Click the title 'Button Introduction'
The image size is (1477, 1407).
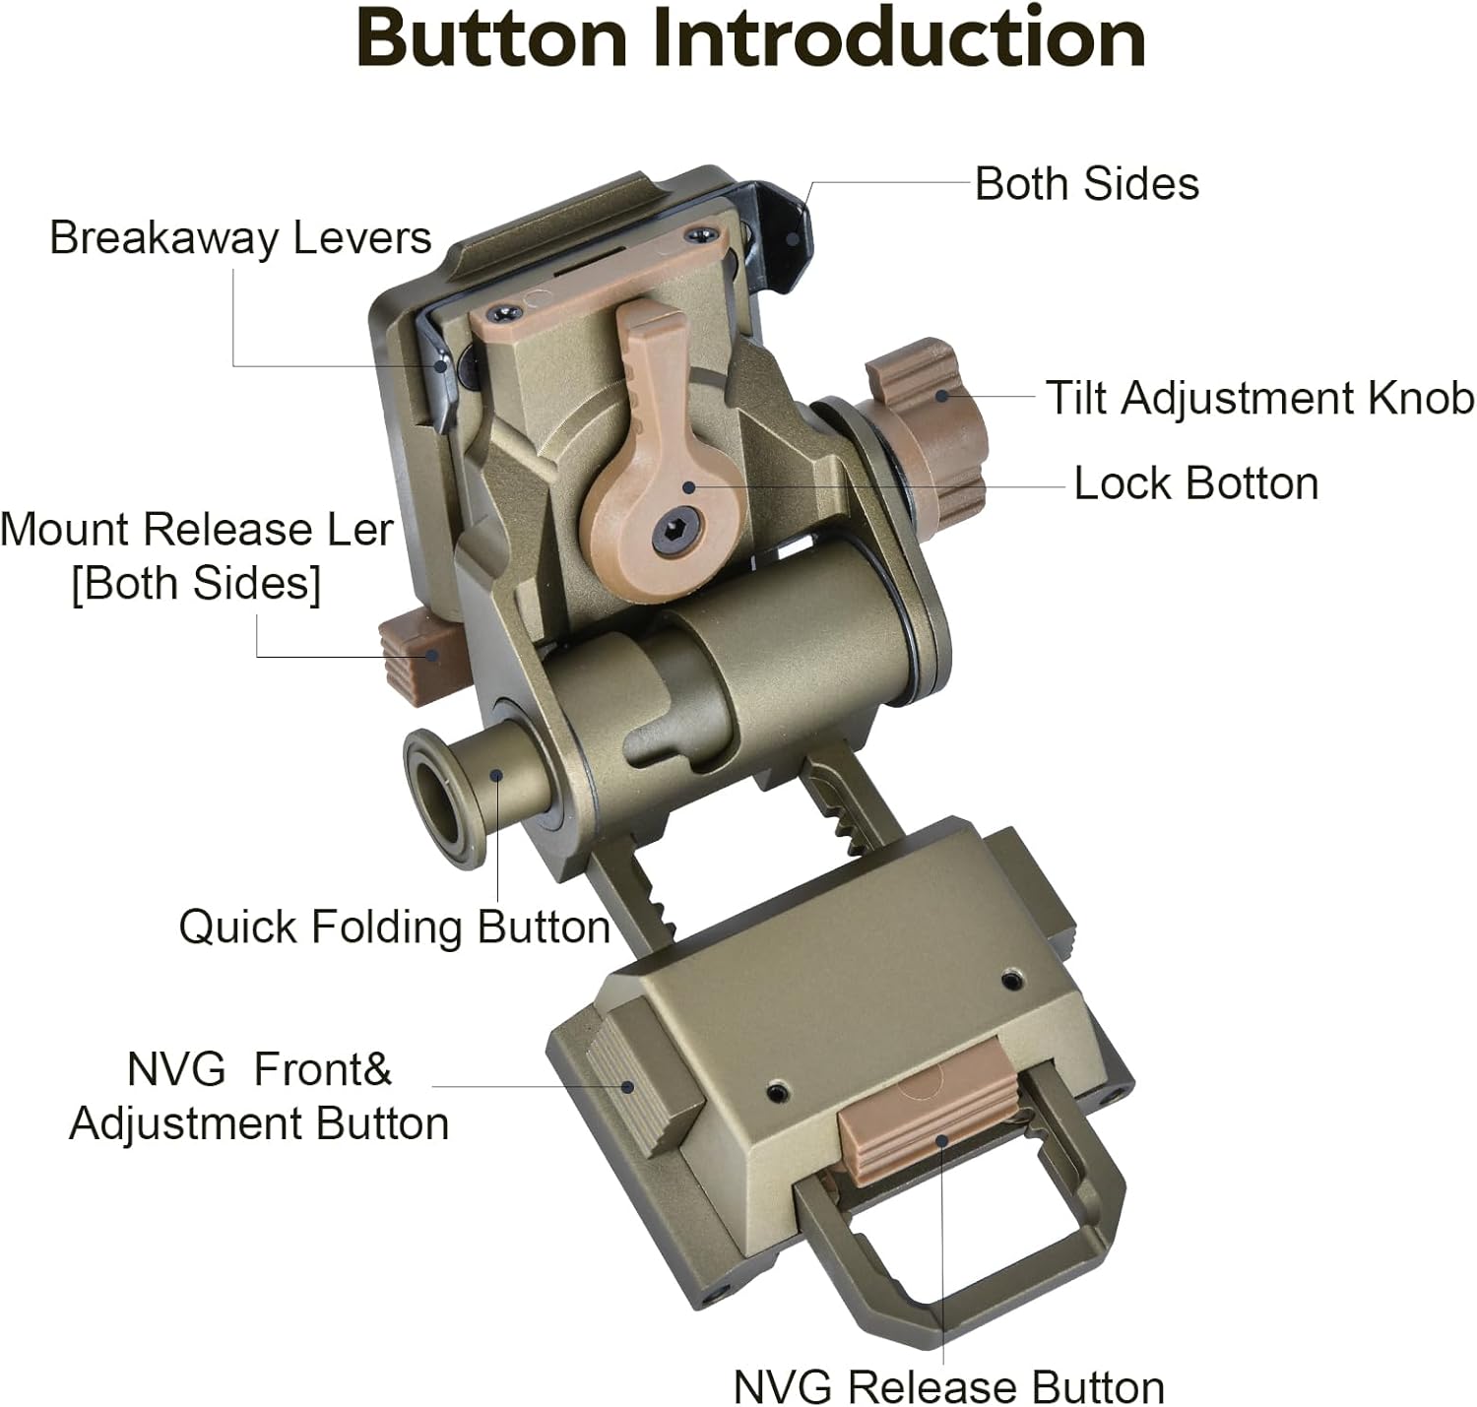tap(750, 39)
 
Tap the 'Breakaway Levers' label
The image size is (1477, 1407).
tap(240, 238)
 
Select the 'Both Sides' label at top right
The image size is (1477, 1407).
tap(1086, 184)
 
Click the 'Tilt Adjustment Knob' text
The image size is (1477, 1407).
tap(1259, 399)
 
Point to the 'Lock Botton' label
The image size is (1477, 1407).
tap(1195, 483)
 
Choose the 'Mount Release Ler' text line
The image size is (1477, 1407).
tap(197, 530)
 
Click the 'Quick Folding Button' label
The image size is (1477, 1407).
tap(394, 927)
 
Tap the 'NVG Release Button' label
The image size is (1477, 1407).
tap(948, 1387)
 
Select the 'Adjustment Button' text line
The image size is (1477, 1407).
tap(259, 1123)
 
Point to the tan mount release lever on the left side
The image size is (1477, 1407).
tap(411, 655)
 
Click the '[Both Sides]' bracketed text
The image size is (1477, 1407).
tap(196, 583)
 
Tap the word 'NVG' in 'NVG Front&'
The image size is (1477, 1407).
tap(175, 1069)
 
